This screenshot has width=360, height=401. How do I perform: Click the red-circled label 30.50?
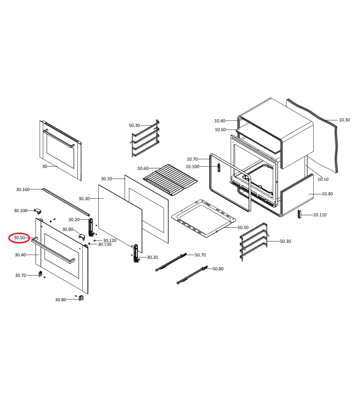(x=19, y=238)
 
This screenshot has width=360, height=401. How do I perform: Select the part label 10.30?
(x=344, y=120)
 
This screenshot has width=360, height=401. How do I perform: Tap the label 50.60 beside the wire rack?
(x=143, y=168)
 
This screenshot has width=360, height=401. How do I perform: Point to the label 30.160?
(x=23, y=190)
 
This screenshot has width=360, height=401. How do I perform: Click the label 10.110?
(x=320, y=215)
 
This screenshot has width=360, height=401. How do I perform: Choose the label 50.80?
(x=218, y=269)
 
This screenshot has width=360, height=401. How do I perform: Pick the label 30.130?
(x=105, y=245)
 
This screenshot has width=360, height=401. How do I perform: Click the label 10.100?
(x=192, y=167)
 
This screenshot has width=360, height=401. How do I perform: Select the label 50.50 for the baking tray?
(x=243, y=228)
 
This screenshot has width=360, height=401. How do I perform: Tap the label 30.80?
(x=61, y=300)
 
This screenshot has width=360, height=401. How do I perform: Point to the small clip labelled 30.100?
(x=38, y=211)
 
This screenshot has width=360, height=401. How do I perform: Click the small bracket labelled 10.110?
(x=299, y=214)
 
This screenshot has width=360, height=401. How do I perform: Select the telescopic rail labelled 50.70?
(x=171, y=262)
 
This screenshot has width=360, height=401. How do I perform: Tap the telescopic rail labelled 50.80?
(x=192, y=275)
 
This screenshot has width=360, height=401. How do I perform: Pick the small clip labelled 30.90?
(x=82, y=237)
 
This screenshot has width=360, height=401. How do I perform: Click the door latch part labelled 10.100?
(x=218, y=168)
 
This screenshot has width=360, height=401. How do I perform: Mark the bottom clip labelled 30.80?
(x=81, y=298)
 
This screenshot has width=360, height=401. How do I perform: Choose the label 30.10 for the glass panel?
(x=106, y=179)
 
